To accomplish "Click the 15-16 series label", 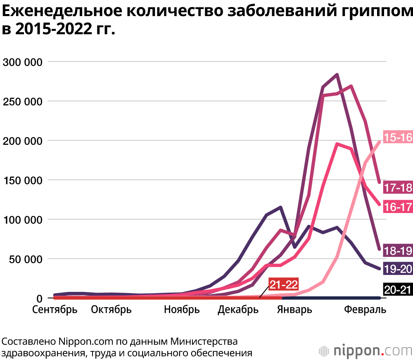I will (398, 137).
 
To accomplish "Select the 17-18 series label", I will (398, 187).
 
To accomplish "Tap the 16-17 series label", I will (398, 206).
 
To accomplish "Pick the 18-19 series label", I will (398, 250).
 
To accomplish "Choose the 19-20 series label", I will (398, 269).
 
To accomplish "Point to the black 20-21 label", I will (398, 289).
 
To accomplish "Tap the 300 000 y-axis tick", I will (23, 62).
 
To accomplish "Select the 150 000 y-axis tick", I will (23, 180).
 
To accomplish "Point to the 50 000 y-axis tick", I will (26, 259).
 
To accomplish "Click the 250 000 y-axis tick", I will (23, 102).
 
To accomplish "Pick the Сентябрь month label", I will (55, 310).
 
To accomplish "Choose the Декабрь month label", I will (238, 310).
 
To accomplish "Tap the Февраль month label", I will (366, 310).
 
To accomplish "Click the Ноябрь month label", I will (182, 310).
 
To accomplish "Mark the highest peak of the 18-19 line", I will (337, 75).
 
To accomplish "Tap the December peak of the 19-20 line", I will (280, 207).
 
